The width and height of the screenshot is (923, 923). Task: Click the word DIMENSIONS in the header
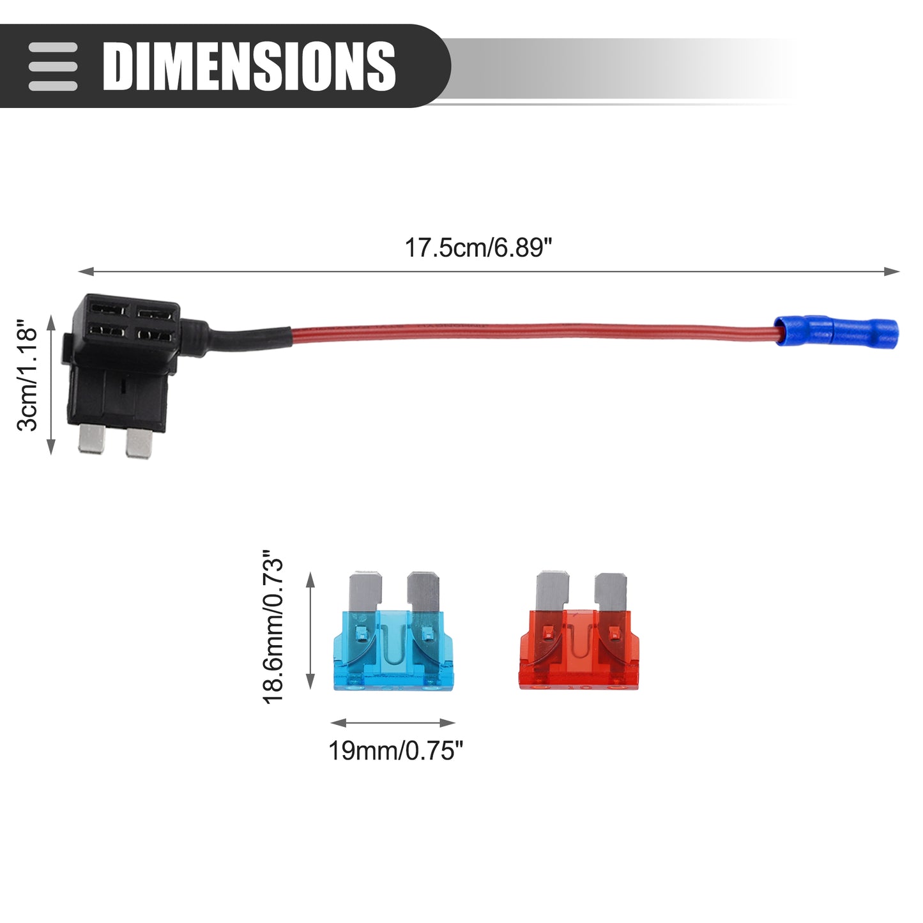[249, 66]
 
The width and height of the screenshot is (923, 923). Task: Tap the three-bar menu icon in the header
[52, 66]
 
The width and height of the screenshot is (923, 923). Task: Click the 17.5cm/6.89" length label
[478, 248]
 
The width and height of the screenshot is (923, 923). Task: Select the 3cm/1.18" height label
[27, 376]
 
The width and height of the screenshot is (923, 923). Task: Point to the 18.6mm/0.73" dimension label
[273, 627]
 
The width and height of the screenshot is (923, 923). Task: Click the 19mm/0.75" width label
[395, 751]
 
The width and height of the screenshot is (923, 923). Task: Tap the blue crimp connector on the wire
[836, 331]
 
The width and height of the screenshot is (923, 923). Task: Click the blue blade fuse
[393, 630]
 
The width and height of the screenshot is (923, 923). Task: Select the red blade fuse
[579, 630]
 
